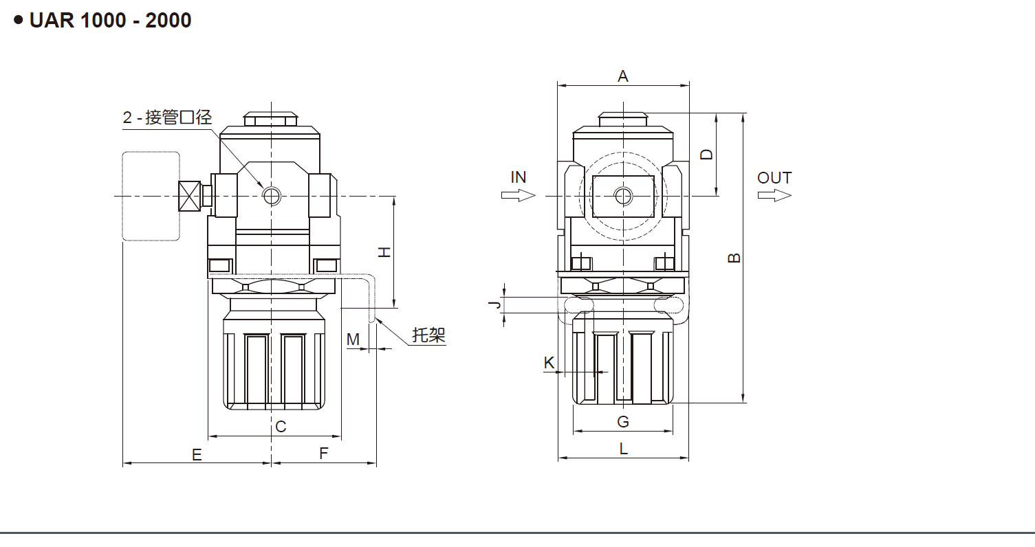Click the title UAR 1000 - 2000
110,21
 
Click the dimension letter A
623,76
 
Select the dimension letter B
734,258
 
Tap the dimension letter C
281,427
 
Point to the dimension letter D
706,154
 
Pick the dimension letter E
197,454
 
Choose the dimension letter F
324,454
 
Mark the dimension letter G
622,421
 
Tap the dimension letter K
549,362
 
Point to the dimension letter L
623,449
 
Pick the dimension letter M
353,339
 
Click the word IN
519,177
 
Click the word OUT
774,178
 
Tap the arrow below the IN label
518,196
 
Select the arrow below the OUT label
774,196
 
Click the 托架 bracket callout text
429,335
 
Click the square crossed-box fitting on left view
188,196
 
